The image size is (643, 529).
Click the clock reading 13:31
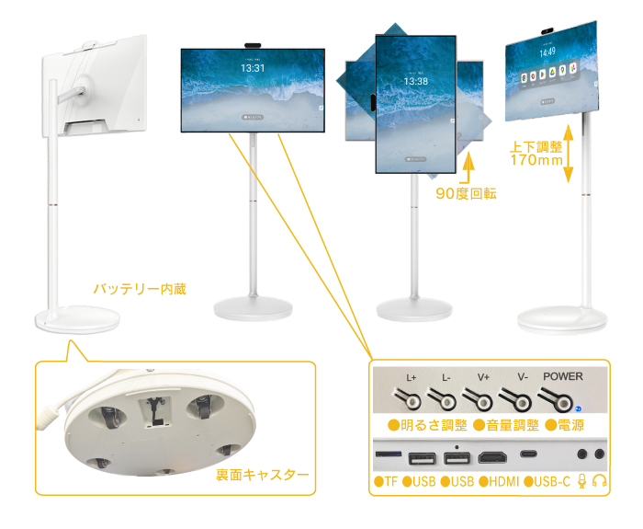pyautogui.click(x=253, y=67)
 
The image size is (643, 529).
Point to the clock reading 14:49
pyautogui.click(x=547, y=53)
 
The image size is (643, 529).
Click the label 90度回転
pyautogui.click(x=466, y=193)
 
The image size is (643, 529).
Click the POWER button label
pyautogui.click(x=562, y=376)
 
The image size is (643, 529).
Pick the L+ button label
pyautogui.click(x=412, y=377)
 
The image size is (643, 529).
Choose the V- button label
pyautogui.click(x=522, y=377)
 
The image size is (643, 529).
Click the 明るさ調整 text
pyautogui.click(x=428, y=425)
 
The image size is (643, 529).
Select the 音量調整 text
pyautogui.click(x=507, y=425)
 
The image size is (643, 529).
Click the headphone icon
pyautogui.click(x=600, y=481)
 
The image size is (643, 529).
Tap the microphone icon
pyautogui.click(x=581, y=481)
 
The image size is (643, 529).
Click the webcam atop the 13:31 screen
pyautogui.click(x=253, y=42)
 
